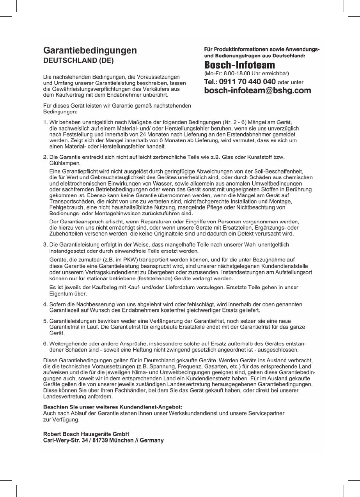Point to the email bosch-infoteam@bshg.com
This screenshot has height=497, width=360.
pos(257,91)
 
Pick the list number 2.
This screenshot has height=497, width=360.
pos(45,157)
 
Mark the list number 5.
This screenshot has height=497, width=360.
pos(45,322)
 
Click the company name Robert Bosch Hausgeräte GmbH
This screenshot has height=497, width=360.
pos(86,434)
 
